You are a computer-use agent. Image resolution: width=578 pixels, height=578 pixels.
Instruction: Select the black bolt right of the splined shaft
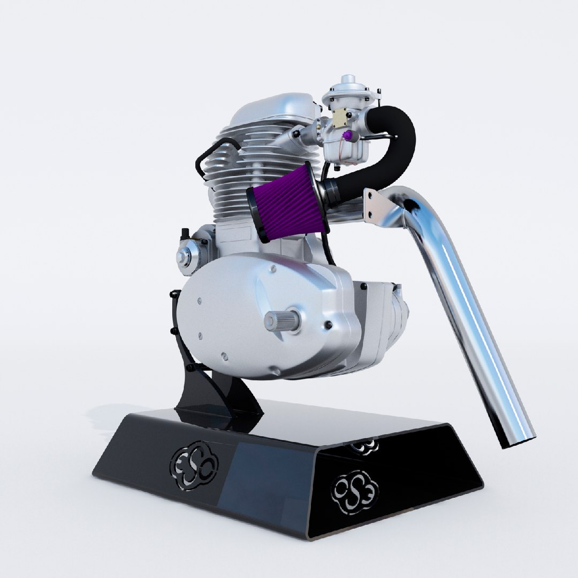328,325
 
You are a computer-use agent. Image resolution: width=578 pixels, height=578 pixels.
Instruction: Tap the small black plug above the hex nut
185,234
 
